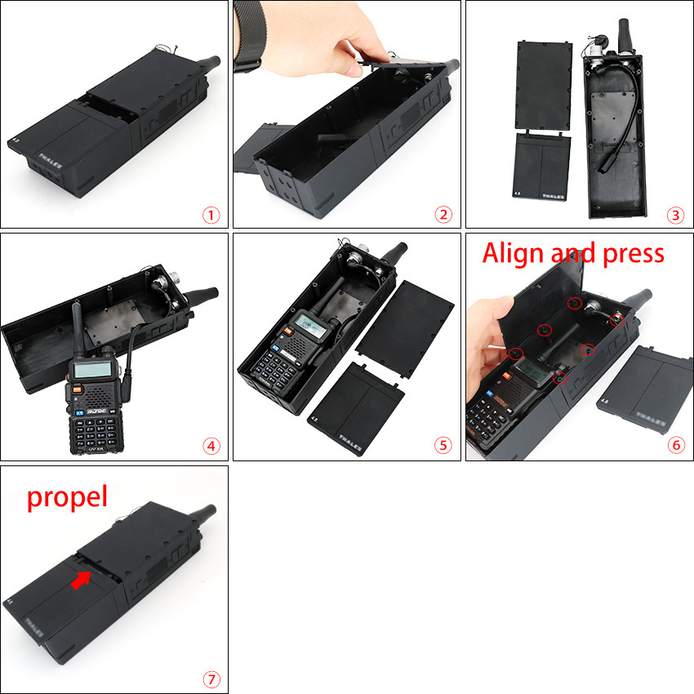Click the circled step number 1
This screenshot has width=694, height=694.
pos(211,215)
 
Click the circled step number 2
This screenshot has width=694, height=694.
pos(443,215)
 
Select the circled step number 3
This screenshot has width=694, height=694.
pos(674,215)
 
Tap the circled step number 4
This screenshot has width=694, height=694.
pos(211,446)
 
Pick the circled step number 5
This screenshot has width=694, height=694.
pos(443,446)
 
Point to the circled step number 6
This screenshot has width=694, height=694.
pos(674,446)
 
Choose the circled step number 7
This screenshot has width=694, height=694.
pos(211,678)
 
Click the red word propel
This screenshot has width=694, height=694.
pos(67,496)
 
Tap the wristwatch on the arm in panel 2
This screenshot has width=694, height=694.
pos(248,37)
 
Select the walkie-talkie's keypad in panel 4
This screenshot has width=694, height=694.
pos(96,424)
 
